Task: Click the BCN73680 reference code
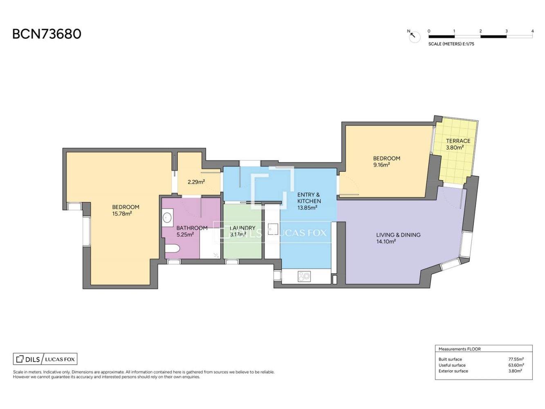47,34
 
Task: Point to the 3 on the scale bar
506,31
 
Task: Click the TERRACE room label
458,141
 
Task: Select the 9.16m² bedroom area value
381,165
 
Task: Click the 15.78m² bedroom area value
122,213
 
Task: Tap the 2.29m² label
196,182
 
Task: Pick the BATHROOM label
192,228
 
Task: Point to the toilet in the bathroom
172,248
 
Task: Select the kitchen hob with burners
304,276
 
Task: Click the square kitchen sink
273,228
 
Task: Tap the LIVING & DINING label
398,235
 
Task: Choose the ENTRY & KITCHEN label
309,198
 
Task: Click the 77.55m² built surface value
516,359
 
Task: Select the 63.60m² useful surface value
516,365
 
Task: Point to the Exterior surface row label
453,371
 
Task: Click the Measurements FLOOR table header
460,349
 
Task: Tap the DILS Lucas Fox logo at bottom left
45,359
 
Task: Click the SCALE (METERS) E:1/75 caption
451,44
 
